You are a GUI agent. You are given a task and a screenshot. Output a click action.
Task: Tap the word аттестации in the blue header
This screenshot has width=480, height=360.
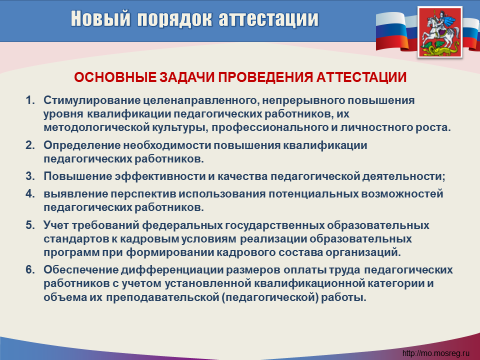[x=269, y=19]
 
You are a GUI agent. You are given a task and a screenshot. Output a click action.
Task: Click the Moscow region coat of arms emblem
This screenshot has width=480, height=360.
[x=440, y=32]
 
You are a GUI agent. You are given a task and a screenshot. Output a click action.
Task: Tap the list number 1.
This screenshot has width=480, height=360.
[x=30, y=100]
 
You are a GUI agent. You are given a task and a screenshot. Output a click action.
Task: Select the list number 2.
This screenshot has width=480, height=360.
[x=30, y=145]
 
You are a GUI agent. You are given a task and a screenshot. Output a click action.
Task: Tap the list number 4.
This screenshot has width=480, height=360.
[x=30, y=194]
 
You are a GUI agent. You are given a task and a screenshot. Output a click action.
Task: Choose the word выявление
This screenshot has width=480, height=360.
[x=75, y=194]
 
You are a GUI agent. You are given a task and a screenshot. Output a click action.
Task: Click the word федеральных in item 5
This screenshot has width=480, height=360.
[x=182, y=225]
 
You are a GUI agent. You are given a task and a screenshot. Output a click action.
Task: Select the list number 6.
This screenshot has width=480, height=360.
[x=30, y=269]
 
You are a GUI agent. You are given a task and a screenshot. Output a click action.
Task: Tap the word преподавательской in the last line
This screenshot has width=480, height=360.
[x=161, y=297]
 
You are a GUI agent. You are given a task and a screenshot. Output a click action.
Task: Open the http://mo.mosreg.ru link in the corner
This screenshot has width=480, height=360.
[x=436, y=353]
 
